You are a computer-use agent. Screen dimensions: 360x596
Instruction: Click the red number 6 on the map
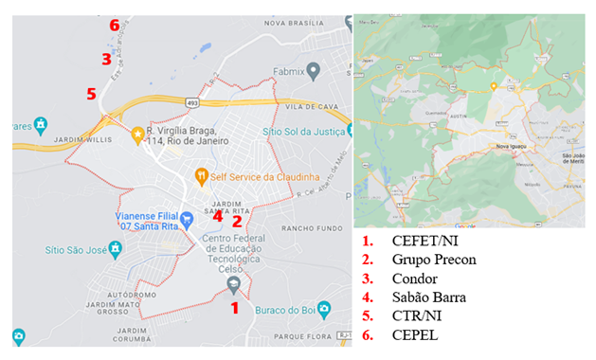115,25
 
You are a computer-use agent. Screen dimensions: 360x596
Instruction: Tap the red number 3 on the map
107,59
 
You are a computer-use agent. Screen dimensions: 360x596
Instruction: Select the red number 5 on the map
91,94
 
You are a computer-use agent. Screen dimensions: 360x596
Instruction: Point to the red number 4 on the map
218,215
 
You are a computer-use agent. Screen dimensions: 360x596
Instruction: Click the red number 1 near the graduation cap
234,307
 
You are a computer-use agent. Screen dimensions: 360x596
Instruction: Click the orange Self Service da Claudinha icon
201,175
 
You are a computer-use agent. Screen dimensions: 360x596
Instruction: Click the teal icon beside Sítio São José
114,249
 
